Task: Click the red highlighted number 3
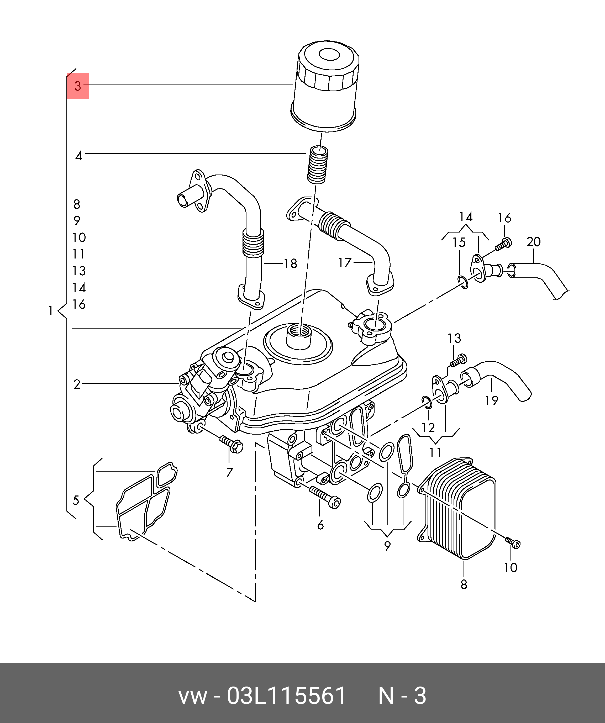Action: coord(77,86)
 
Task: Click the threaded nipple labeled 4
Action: coord(318,165)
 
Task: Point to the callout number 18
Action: coord(290,264)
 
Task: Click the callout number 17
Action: coord(345,263)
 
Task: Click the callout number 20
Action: coord(533,242)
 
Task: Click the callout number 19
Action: coord(491,400)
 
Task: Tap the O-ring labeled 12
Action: coord(426,402)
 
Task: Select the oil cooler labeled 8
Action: coord(458,510)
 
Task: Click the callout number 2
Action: coord(77,384)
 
